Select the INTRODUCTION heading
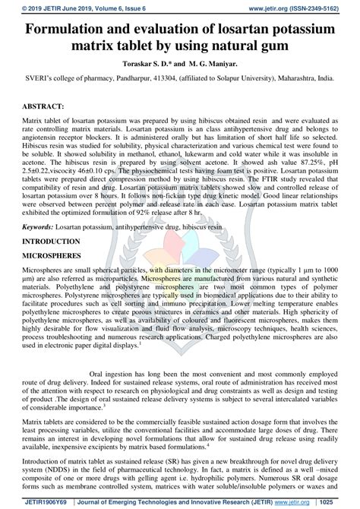(x=52, y=239)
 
